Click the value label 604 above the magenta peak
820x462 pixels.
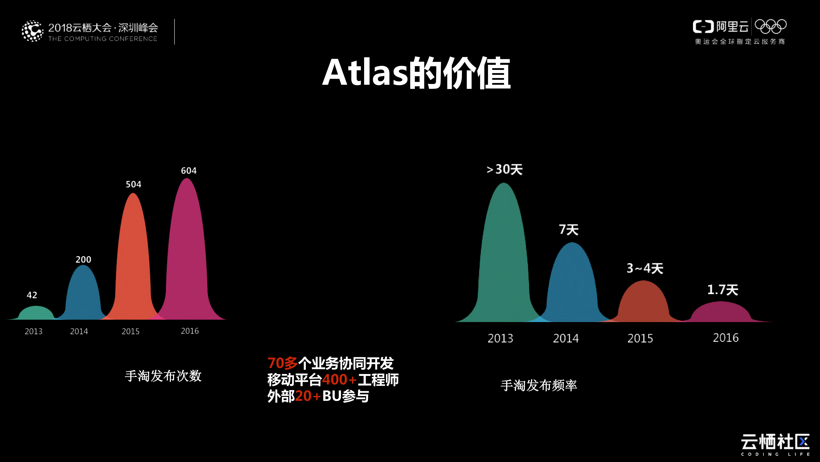pyautogui.click(x=189, y=171)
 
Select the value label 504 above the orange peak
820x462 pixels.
pyautogui.click(x=133, y=184)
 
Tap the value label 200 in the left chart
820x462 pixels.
pyautogui.click(x=83, y=259)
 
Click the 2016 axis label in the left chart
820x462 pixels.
pyautogui.click(x=190, y=331)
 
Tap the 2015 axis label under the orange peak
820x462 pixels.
pyautogui.click(x=131, y=331)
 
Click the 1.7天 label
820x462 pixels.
pyautogui.click(x=723, y=290)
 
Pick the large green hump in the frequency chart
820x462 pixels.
pyautogui.click(x=504, y=255)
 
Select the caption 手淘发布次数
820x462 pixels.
pyautogui.click(x=163, y=376)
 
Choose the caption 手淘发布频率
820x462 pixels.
pyautogui.click(x=539, y=385)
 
